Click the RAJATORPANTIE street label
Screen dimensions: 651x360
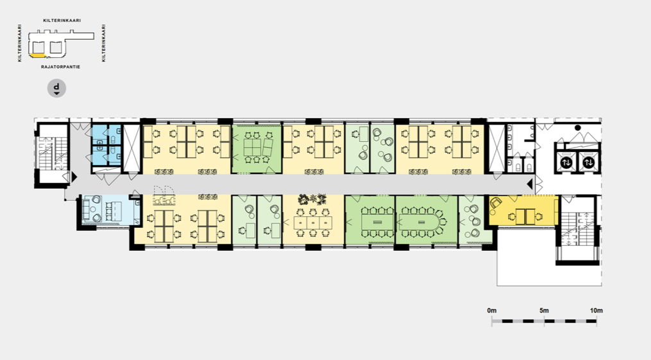pyautogui.click(x=61, y=67)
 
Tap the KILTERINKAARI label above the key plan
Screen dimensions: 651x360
pyautogui.click(x=62, y=20)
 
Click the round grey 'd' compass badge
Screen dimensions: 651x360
pyautogui.click(x=56, y=88)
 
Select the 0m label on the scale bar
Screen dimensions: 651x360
pyautogui.click(x=491, y=311)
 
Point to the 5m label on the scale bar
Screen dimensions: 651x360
pyautogui.click(x=544, y=311)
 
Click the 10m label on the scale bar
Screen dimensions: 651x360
pyautogui.click(x=596, y=311)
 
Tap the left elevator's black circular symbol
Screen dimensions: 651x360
pyautogui.click(x=566, y=162)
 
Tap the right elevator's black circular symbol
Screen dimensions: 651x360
pyautogui.click(x=588, y=162)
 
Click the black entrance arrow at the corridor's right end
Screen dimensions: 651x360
pyautogui.click(x=530, y=184)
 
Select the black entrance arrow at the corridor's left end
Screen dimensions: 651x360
pyautogui.click(x=74, y=177)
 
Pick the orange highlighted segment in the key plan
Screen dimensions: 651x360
pyautogui.click(x=38, y=55)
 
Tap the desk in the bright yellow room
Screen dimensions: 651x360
pyautogui.click(x=525, y=217)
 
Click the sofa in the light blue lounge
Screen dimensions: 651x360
pyautogui.click(x=86, y=210)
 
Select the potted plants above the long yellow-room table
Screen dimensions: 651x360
pyautogui.click(x=312, y=200)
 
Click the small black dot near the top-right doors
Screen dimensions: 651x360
pyautogui.click(x=577, y=128)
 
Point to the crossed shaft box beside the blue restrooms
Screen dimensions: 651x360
pyautogui.click(x=131, y=148)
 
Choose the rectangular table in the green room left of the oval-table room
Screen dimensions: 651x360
pyautogui.click(x=377, y=222)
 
